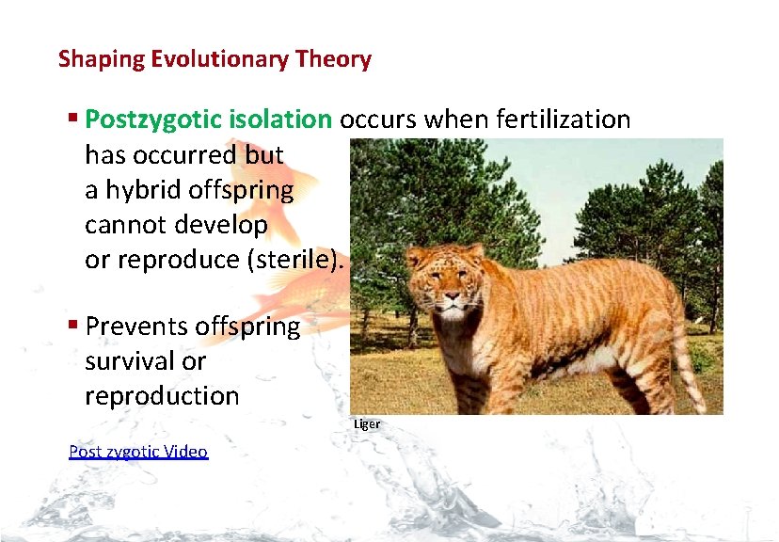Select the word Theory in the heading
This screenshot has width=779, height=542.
[x=335, y=60]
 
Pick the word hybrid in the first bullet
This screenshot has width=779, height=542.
[x=141, y=191]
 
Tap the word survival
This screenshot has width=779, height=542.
[x=123, y=361]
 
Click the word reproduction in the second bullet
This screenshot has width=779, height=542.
[x=162, y=396]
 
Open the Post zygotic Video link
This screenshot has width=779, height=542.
[x=138, y=452]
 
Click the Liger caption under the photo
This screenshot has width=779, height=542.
[x=367, y=424]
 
